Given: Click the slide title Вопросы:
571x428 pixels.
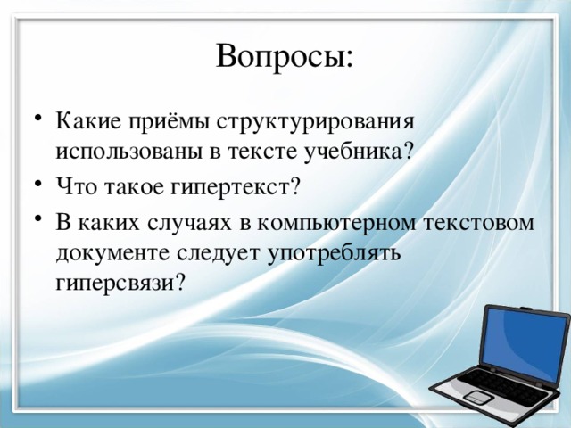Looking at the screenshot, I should (285, 58).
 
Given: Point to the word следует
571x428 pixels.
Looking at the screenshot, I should (218, 253).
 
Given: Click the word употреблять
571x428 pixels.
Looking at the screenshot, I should (335, 253).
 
